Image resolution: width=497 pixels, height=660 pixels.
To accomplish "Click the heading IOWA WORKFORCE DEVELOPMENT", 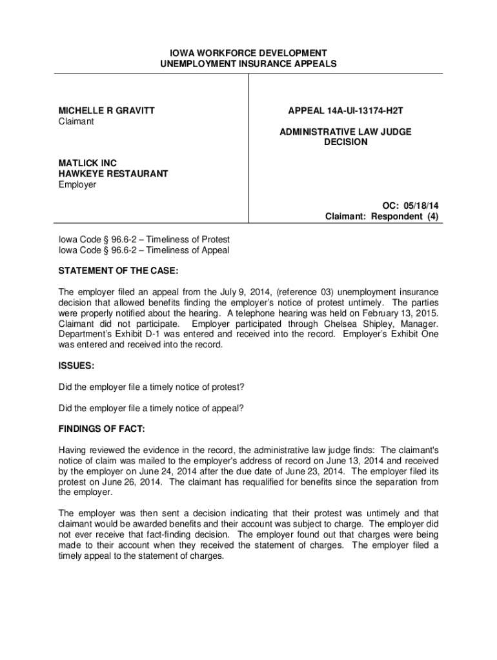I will (x=249, y=53).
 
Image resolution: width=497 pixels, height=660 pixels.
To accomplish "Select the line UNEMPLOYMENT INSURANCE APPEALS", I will (x=249, y=64).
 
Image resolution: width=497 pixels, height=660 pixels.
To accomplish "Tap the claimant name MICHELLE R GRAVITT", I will (x=107, y=111).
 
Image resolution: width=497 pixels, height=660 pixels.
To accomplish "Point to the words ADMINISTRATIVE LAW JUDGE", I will (x=345, y=131).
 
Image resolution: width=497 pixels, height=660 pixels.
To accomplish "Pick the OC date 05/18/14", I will (x=422, y=206).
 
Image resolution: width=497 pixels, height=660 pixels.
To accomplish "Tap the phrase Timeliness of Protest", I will (x=188, y=239).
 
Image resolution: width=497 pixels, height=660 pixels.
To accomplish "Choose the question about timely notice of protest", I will (x=152, y=387).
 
